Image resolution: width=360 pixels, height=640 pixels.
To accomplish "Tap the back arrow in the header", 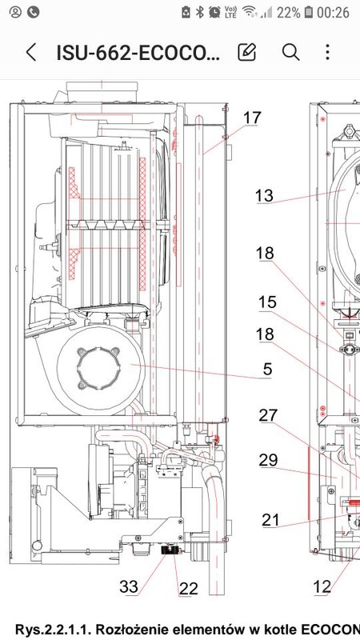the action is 31,52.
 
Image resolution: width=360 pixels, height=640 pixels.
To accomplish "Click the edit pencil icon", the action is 247,52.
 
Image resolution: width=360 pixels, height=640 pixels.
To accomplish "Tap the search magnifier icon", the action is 290,52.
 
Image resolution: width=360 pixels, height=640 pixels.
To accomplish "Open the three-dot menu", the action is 327,52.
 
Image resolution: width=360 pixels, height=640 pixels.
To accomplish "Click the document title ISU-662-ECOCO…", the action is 138,53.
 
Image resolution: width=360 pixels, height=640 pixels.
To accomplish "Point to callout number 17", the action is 252,118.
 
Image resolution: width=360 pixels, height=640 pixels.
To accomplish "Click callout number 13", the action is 264,195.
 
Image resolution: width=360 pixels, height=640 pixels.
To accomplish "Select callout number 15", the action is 267,302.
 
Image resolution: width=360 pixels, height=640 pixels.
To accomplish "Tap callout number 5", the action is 267,369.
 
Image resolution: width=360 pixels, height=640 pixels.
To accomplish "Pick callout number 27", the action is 268,415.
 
